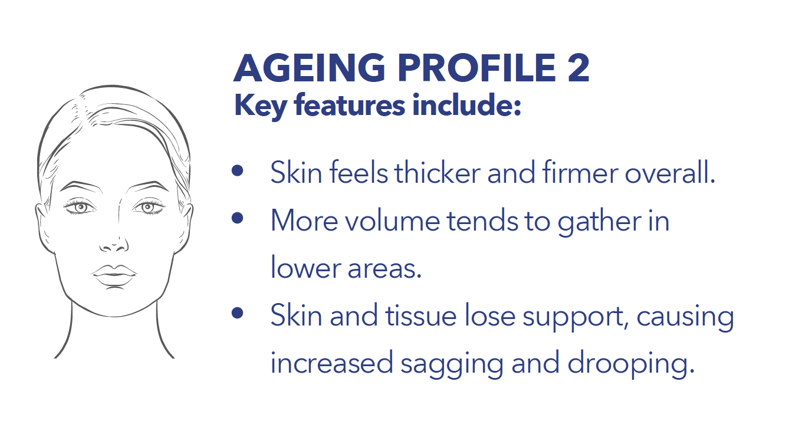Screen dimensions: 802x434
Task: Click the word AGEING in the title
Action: coord(310,68)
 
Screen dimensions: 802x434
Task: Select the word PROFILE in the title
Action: coord(477,68)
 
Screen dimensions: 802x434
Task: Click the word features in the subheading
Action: coord(349,106)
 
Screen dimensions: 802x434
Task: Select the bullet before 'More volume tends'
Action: coord(238,218)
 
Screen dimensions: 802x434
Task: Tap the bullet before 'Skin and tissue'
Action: coord(238,313)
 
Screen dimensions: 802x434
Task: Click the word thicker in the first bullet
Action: coord(438,172)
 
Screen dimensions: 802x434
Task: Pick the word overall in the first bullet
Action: coord(670,172)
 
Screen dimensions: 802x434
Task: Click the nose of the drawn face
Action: coord(114,244)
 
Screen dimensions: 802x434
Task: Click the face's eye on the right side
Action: coord(148,207)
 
